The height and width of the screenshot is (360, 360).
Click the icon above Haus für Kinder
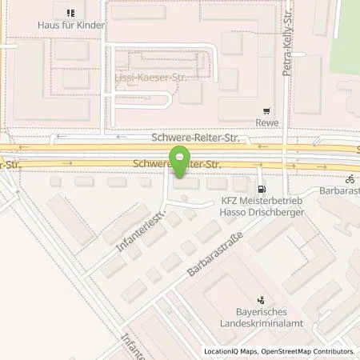70,13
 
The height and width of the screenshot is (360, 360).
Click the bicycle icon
349,179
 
